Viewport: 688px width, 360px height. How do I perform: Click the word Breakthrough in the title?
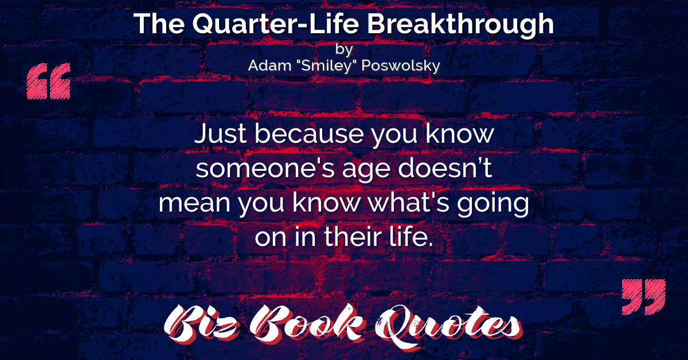460,25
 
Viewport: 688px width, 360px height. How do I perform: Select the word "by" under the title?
344,49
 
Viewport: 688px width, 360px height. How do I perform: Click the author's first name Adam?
269,65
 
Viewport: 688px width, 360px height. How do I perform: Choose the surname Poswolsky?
401,66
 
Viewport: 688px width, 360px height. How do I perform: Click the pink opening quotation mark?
49,81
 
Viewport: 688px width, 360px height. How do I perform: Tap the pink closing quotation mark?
643,297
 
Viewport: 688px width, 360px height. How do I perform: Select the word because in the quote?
309,134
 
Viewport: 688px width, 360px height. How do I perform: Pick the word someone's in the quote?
265,169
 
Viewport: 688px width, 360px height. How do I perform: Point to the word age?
366,170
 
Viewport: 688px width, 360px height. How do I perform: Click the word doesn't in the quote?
445,168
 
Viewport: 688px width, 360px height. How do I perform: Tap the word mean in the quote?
194,203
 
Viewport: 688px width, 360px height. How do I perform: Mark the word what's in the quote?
408,202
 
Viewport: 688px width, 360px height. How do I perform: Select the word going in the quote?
492,204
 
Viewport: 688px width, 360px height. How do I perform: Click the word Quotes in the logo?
448,326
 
